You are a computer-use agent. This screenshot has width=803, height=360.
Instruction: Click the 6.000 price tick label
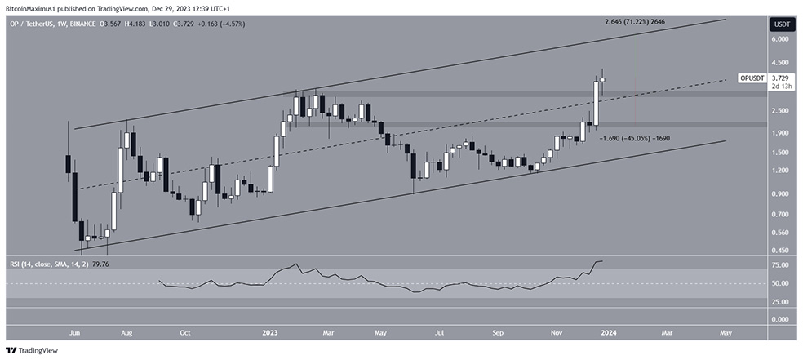(x=780, y=39)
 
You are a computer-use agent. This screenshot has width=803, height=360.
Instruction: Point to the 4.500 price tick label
(x=780, y=62)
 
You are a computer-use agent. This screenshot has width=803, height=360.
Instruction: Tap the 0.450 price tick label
(x=780, y=251)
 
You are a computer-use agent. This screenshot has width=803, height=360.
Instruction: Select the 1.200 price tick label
(x=780, y=171)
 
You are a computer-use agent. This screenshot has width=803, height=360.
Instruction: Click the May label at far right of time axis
(x=725, y=332)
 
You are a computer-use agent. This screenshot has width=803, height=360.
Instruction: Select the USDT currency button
(x=780, y=24)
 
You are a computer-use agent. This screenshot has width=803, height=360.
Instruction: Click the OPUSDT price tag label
(x=750, y=78)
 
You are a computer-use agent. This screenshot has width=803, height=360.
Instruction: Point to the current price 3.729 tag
(x=781, y=78)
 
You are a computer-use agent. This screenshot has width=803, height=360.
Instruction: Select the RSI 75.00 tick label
(x=780, y=265)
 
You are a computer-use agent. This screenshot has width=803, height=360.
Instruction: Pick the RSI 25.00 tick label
(x=780, y=302)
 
